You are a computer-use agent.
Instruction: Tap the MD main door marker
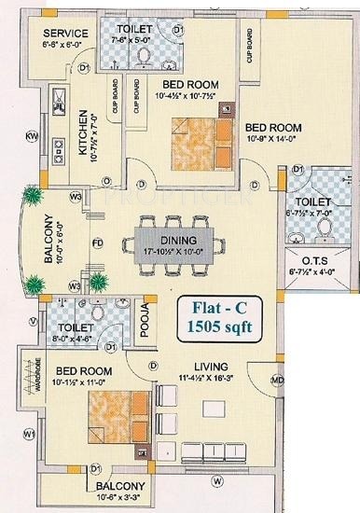click(277, 380)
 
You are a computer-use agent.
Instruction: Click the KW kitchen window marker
click(31, 137)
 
